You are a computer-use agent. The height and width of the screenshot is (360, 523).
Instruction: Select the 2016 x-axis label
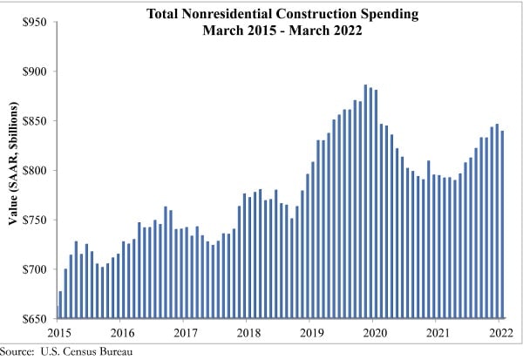[x=123, y=332]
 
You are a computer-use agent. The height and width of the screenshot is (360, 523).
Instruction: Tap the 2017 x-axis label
[x=186, y=332]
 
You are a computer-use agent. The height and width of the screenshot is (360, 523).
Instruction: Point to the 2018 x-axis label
[x=248, y=332]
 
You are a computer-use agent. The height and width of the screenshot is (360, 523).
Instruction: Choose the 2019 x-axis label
[x=311, y=332]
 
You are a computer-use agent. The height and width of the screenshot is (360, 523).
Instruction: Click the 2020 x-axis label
[x=374, y=332]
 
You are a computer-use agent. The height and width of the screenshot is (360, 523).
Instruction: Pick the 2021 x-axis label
[x=437, y=332]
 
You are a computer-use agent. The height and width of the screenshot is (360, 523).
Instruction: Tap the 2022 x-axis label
[x=499, y=332]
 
